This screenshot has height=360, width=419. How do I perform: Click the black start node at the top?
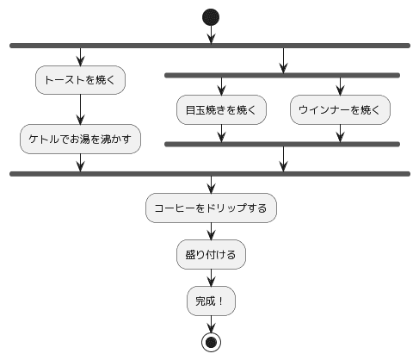click(x=211, y=16)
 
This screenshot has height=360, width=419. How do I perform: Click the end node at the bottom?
click(x=211, y=341)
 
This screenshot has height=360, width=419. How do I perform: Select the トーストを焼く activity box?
click(x=80, y=81)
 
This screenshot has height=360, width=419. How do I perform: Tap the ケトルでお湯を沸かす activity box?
click(x=80, y=138)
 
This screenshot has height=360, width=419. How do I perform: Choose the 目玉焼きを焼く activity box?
click(x=222, y=109)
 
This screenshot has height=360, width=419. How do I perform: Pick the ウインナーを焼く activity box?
click(x=341, y=109)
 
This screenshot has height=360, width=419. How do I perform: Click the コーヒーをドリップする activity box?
click(x=211, y=208)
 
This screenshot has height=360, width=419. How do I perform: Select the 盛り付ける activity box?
click(x=211, y=254)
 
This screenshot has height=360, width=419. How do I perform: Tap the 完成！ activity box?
click(x=211, y=301)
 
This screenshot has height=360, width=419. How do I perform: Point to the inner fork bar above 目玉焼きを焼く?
click(x=282, y=76)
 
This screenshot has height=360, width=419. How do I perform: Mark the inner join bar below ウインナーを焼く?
click(x=282, y=143)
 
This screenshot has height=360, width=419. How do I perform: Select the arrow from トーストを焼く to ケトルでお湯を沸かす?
click(x=80, y=109)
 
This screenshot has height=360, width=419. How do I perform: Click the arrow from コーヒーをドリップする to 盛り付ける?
click(x=211, y=231)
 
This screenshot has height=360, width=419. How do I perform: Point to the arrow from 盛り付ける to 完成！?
click(x=211, y=278)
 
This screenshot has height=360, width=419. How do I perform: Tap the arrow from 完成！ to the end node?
click(x=211, y=323)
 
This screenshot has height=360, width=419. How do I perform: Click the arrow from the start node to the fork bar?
click(x=211, y=34)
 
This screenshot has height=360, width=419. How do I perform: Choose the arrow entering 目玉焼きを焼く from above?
click(x=222, y=86)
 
